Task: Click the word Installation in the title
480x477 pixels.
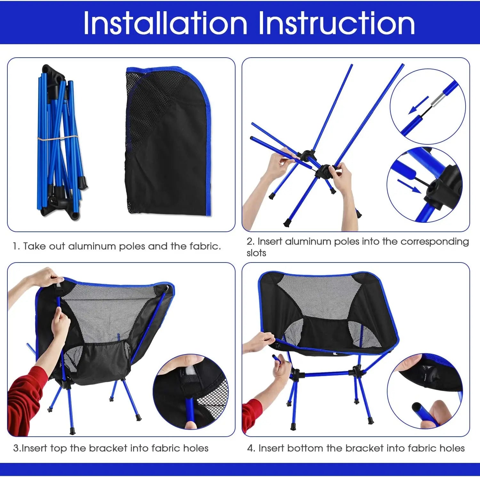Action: (165, 23)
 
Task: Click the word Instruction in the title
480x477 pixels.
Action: (337, 23)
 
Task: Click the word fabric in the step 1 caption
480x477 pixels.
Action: (205, 246)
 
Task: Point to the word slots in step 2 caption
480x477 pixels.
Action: (256, 253)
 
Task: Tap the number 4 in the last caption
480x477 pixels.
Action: (250, 448)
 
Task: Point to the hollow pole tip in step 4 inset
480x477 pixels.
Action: (417, 408)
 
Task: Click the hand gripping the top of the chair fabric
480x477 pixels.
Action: (45, 277)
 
